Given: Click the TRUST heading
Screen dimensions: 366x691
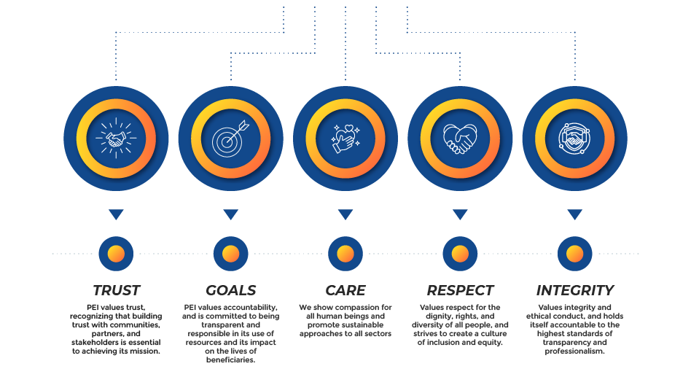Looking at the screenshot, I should pos(116,290).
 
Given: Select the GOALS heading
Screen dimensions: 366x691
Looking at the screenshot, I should pos(230,290).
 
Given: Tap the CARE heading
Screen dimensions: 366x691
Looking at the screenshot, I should pos(345,290).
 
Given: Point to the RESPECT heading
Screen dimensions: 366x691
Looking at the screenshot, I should pos(460,290).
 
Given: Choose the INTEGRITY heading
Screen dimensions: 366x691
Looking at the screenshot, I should pos(574,290).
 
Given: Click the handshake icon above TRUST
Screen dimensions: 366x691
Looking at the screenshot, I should pos(116,138).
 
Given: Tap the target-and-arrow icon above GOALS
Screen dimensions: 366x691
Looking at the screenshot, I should pos(230,138).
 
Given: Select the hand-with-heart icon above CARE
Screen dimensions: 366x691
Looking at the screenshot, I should pos(345,138).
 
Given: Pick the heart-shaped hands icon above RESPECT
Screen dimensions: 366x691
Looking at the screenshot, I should pos(460,138).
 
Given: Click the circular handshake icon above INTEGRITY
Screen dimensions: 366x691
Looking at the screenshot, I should pos(574,138).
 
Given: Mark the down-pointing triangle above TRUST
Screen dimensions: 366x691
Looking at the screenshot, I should pos(116,214).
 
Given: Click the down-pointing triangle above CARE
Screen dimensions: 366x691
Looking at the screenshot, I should pos(345,214).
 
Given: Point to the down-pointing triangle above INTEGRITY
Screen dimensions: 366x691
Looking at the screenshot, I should pos(574,214).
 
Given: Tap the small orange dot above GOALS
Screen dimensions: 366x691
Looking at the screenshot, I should pos(230,254).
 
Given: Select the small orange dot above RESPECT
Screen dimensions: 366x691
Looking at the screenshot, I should pos(460,254).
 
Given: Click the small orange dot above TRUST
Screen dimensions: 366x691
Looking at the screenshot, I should pos(116,254).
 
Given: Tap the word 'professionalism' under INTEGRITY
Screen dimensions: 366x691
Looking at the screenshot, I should pos(574,351).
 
